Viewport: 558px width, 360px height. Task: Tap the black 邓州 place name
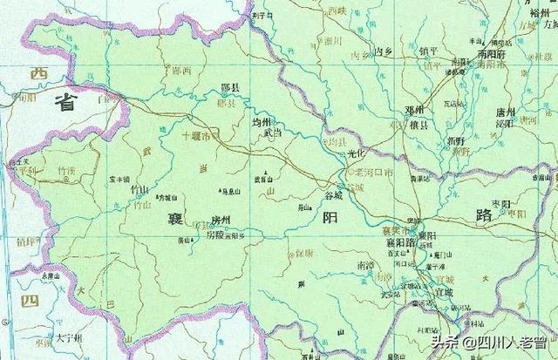(x=413, y=110)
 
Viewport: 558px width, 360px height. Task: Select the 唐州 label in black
(x=506, y=112)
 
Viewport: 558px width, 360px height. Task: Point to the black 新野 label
(x=455, y=139)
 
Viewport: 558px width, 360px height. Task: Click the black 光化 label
(x=358, y=153)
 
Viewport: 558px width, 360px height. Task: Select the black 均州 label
(x=262, y=123)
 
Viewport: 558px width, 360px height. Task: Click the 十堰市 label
(x=196, y=137)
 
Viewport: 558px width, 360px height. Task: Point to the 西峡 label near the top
(x=336, y=10)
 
